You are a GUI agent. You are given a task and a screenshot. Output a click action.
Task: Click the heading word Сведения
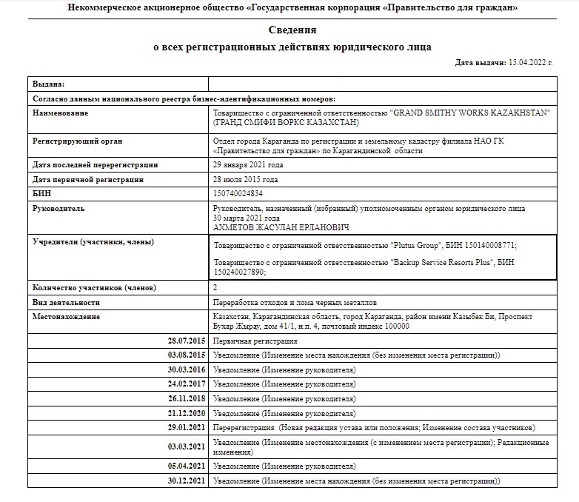pyautogui.click(x=292, y=30)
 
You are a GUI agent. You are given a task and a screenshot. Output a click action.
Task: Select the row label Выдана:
pyautogui.click(x=49, y=84)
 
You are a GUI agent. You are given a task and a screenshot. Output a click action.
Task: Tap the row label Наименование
pyautogui.click(x=60, y=113)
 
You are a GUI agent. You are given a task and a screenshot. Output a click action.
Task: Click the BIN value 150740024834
pyautogui.click(x=237, y=193)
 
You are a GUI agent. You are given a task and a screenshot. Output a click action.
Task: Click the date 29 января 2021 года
pyautogui.click(x=247, y=164)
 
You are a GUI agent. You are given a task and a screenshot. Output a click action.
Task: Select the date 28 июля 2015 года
pyautogui.click(x=245, y=179)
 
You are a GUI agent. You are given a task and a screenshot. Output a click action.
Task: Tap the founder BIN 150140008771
pyautogui.click(x=489, y=245)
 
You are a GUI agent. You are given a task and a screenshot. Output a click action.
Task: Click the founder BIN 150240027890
pyautogui.click(x=238, y=272)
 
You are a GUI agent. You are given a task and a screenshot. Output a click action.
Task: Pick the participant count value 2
pyautogui.click(x=215, y=287)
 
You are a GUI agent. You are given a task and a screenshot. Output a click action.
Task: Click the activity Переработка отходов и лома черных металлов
pyautogui.click(x=295, y=303)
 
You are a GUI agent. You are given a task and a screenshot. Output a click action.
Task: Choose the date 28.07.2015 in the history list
pyautogui.click(x=187, y=341)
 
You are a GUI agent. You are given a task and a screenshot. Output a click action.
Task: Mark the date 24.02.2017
pyautogui.click(x=187, y=384)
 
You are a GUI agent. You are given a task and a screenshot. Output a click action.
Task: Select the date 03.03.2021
pyautogui.click(x=187, y=446)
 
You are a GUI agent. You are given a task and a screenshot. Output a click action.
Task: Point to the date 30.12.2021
pyautogui.click(x=187, y=481)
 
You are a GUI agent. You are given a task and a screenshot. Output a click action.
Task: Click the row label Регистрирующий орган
pyautogui.click(x=77, y=141)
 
